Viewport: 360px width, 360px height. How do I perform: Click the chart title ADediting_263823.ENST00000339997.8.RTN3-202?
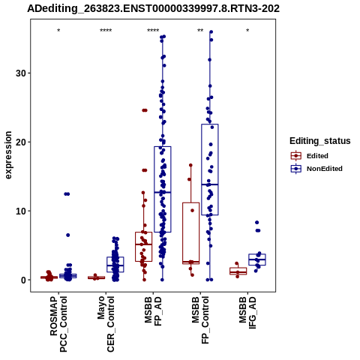pyautogui.click(x=153, y=8)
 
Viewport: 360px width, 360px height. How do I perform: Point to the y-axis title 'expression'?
pyautogui.click(x=8, y=155)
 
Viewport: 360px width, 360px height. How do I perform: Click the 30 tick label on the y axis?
pyautogui.click(x=21, y=73)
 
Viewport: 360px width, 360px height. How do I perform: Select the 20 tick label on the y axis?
pyautogui.click(x=21, y=142)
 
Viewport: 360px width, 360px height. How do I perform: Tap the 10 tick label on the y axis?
pyautogui.click(x=21, y=211)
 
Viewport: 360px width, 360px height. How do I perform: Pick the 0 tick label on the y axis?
pyautogui.click(x=23, y=280)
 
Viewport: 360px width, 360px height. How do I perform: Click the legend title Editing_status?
pyautogui.click(x=320, y=141)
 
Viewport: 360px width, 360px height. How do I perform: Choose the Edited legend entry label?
pyautogui.click(x=317, y=156)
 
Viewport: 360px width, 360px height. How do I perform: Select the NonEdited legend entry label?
pyautogui.click(x=325, y=169)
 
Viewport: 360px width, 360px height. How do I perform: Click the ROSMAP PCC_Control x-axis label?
pyautogui.click(x=58, y=324)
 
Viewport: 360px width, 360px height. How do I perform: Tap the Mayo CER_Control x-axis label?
pyautogui.click(x=106, y=324)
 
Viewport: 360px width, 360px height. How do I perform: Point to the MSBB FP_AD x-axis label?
pyautogui.click(x=153, y=311)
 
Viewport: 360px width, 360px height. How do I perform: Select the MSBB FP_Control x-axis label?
pyautogui.click(x=200, y=320)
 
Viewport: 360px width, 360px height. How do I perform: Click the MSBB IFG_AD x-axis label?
pyautogui.click(x=247, y=313)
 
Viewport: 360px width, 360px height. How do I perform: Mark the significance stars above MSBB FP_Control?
pyautogui.click(x=200, y=31)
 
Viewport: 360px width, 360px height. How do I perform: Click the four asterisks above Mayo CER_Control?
pyautogui.click(x=106, y=31)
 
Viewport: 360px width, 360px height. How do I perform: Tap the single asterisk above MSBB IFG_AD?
pyautogui.click(x=247, y=31)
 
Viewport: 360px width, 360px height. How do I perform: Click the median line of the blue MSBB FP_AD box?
pyautogui.click(x=163, y=192)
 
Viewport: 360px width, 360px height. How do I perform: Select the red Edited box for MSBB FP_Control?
pyautogui.click(x=191, y=233)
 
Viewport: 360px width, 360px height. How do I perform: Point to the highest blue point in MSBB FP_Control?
pyautogui.click(x=211, y=32)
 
